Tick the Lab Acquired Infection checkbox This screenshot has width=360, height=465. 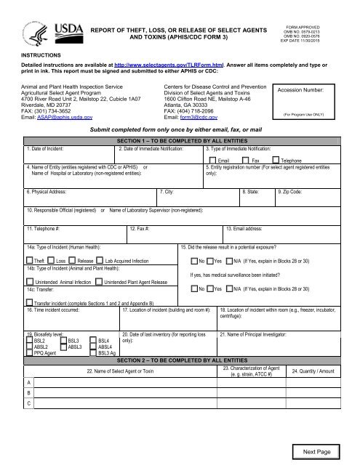(100, 259)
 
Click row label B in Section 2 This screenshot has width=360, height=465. (28, 392)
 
